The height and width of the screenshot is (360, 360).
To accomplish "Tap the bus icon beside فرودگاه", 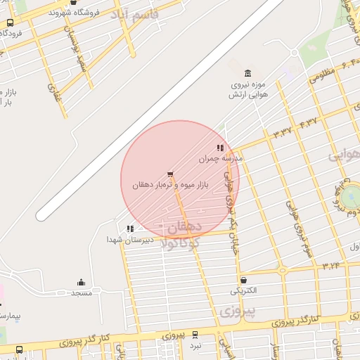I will tap(9, 22).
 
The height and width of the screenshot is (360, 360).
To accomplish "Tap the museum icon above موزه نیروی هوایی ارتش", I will tap(247, 74).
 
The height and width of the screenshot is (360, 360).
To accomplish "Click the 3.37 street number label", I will tap(283, 131).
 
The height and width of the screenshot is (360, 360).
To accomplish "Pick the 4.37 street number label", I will tap(308, 123).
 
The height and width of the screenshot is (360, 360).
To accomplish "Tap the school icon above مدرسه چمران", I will tap(220, 148).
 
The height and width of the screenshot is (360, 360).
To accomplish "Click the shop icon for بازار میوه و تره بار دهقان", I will tap(169, 174).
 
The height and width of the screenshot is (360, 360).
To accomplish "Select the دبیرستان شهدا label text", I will tap(125, 240).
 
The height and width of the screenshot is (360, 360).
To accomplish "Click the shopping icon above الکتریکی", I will tap(243, 279).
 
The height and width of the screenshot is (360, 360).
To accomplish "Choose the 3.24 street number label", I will tap(331, 266).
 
